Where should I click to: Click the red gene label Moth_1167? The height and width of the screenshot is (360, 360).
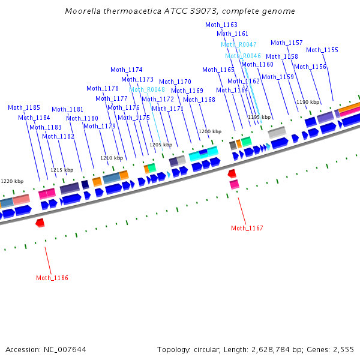247,228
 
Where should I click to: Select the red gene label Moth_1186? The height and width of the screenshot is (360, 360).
52,278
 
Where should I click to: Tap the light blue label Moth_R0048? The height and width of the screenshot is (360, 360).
147,89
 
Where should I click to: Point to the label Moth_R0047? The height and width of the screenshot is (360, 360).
239,44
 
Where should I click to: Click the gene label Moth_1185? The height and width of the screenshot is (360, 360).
24,108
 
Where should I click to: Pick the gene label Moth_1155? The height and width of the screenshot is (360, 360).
322,50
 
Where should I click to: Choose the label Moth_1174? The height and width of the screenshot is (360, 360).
127,70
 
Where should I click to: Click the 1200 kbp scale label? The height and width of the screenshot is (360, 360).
210,131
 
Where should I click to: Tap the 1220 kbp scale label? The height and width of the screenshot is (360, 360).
12,181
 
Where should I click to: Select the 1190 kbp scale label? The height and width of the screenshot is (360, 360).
308,102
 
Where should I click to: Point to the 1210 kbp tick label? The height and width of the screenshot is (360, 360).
112,158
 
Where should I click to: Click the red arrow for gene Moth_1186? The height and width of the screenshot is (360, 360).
40,223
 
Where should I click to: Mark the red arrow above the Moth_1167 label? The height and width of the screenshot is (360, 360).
232,173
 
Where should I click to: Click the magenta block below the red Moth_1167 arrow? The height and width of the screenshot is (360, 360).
234,184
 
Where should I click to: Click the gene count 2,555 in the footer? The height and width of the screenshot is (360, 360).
343,349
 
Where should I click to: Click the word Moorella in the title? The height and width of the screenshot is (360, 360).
82,11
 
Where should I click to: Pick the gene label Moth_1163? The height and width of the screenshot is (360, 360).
221,25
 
